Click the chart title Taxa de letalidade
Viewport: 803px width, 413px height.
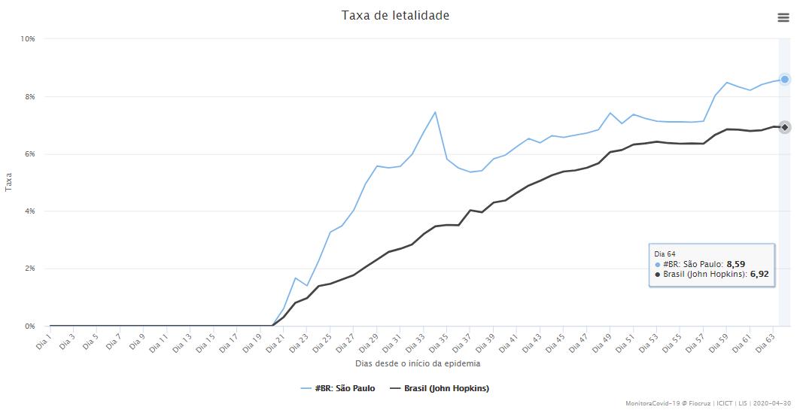[395, 15]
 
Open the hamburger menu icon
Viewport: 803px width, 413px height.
[783, 17]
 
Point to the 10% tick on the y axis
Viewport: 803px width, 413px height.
[27, 38]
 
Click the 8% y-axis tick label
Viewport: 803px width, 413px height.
[29, 96]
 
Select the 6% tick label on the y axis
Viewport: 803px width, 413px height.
[29, 154]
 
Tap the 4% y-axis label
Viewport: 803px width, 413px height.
[29, 211]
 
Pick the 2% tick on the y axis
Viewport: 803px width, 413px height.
[29, 269]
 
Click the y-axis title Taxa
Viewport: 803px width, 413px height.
[9, 183]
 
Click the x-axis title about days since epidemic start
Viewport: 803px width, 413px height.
[418, 363]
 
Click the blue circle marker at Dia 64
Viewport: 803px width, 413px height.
[784, 79]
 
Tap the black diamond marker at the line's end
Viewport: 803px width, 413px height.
[784, 127]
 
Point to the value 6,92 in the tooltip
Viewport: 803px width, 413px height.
[759, 275]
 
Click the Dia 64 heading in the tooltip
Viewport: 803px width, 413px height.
[665, 254]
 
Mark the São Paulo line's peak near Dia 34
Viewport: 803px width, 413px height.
[435, 112]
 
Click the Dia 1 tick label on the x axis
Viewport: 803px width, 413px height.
[43, 341]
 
